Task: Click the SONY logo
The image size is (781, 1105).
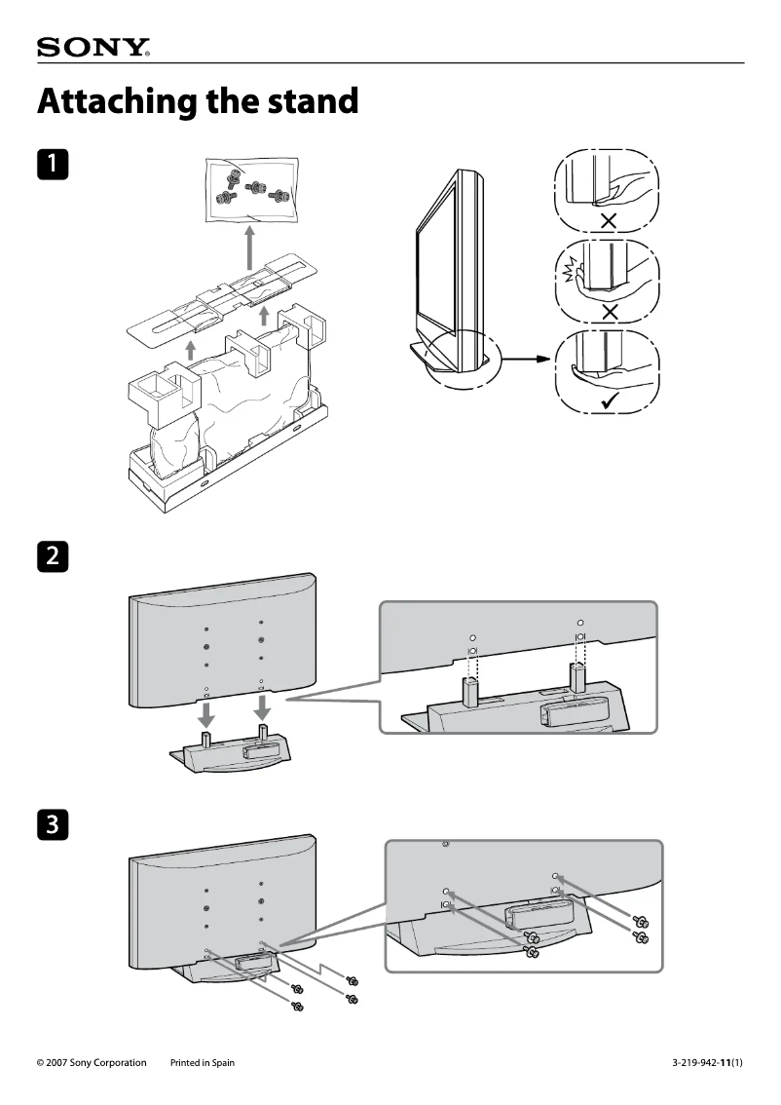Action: [93, 48]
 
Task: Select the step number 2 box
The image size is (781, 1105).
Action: [53, 557]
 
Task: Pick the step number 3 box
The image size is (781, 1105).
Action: [53, 824]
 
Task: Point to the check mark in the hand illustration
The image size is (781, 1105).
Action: [610, 400]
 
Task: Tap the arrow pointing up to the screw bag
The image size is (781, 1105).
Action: [249, 248]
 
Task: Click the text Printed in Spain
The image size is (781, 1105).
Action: [203, 1063]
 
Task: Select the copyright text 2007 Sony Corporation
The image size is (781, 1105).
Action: [92, 1063]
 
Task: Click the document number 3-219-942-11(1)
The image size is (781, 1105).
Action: [707, 1063]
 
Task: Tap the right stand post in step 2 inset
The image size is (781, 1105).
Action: [578, 679]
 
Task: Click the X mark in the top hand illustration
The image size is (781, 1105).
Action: [610, 221]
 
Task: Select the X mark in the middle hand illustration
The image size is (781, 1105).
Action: [610, 312]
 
